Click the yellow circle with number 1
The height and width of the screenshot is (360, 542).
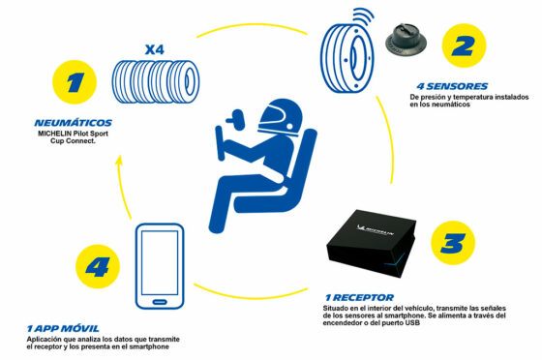pyautogui.click(x=75, y=82)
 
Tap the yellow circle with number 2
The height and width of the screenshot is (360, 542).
pyautogui.click(x=464, y=45)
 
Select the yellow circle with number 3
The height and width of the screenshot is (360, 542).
pyautogui.click(x=453, y=243)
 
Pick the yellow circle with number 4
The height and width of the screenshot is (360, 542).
pyautogui.click(x=98, y=266)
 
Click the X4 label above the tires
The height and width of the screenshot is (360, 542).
pyautogui.click(x=155, y=49)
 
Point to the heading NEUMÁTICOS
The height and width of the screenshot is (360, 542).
pyautogui.click(x=74, y=123)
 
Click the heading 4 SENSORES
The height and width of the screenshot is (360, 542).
pyautogui.click(x=452, y=86)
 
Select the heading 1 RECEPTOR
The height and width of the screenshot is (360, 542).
pyautogui.click(x=359, y=297)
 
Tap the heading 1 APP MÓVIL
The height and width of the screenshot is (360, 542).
pyautogui.click(x=63, y=328)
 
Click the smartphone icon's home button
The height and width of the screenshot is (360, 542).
pyautogui.click(x=160, y=302)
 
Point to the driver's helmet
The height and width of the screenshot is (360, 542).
pyautogui.click(x=280, y=117)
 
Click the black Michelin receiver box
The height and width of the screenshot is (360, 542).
pyautogui.click(x=371, y=243)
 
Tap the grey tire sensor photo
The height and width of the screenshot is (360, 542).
pyautogui.click(x=406, y=40)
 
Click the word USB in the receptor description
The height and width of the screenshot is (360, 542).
pyautogui.click(x=412, y=323)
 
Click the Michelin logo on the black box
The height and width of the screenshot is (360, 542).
pyautogui.click(x=376, y=229)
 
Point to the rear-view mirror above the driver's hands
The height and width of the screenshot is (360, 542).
pyautogui.click(x=236, y=119)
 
